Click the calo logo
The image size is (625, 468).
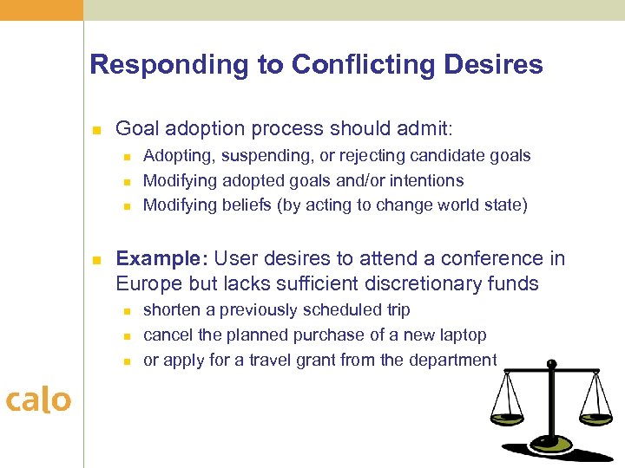[38, 400]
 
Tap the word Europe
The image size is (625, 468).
[148, 283]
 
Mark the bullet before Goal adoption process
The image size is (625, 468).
[97, 131]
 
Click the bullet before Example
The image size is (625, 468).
[97, 260]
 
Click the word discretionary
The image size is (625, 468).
[415, 283]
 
